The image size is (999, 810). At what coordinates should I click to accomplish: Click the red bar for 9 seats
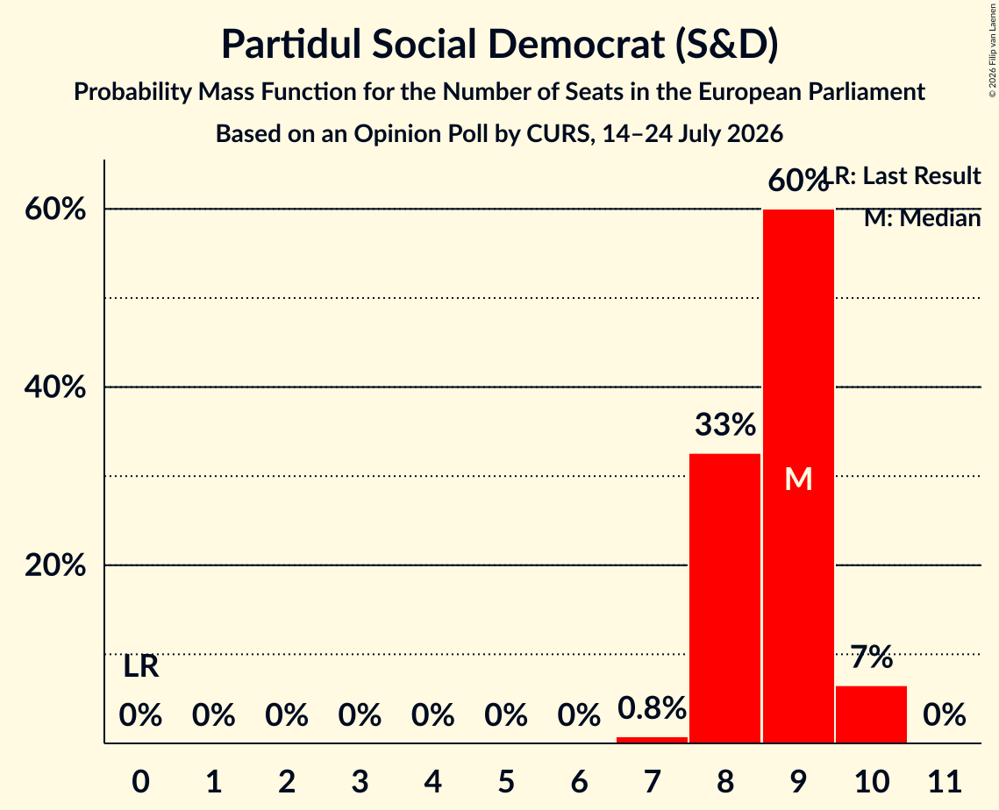click(798, 476)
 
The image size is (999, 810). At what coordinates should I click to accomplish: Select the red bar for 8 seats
click(725, 598)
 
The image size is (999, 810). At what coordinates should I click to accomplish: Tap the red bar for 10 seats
click(871, 714)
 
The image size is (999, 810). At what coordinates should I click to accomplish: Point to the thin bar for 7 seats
click(652, 739)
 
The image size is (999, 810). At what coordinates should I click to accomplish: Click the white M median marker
click(798, 479)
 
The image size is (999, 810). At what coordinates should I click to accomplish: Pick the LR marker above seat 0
click(141, 667)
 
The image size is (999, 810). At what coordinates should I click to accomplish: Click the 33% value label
click(725, 425)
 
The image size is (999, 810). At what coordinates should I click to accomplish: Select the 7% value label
click(872, 657)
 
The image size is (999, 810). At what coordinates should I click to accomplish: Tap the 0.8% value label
click(652, 707)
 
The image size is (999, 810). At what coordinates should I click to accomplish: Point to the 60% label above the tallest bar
click(797, 181)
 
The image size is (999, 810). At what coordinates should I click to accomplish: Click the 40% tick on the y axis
click(55, 387)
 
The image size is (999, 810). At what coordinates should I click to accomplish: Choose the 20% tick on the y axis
click(55, 565)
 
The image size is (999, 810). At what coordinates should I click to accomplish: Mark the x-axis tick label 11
click(945, 782)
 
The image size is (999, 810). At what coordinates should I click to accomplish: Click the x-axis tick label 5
click(506, 782)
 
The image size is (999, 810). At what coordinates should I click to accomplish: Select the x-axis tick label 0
click(141, 782)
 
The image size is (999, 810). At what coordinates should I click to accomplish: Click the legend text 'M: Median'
click(922, 218)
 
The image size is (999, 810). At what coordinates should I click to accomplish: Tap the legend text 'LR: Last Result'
click(903, 175)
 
